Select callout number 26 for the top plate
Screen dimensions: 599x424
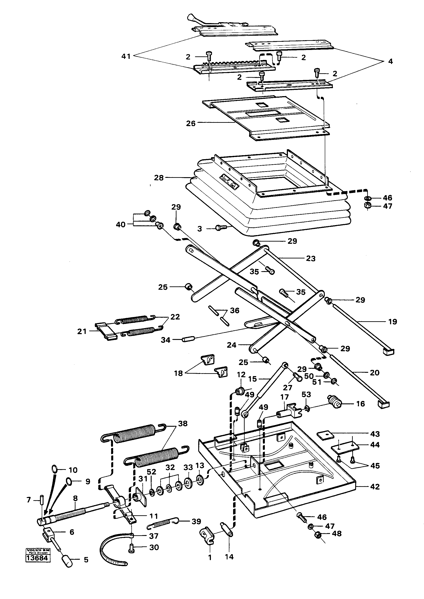(191, 123)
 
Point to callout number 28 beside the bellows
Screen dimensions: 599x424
(159, 178)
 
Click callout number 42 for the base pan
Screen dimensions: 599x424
(375, 487)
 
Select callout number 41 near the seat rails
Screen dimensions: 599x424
(126, 56)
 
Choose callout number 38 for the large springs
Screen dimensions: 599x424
(182, 424)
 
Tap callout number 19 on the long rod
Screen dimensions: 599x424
(392, 322)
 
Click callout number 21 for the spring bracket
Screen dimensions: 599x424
(82, 331)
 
